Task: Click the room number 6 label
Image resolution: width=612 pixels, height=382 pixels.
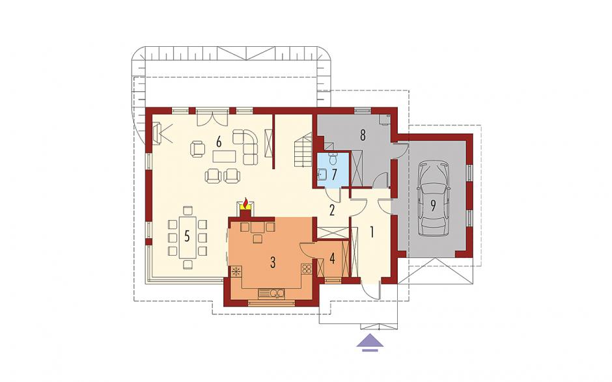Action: point(219,143)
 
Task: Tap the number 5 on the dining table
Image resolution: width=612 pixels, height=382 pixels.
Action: point(187,236)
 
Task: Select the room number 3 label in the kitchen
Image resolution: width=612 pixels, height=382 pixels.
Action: point(273,263)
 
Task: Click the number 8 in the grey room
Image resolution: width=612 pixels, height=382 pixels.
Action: point(363,135)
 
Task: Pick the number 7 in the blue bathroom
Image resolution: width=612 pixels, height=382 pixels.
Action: point(334,174)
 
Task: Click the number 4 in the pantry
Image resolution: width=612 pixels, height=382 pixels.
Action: point(332,258)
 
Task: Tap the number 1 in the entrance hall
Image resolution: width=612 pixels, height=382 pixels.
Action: point(372,233)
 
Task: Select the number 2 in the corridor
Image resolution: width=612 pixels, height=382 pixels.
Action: point(332,210)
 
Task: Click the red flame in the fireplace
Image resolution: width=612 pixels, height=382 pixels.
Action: point(245,203)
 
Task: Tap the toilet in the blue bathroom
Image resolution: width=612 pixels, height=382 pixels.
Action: point(333,158)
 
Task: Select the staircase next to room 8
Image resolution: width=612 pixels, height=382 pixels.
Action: point(303,150)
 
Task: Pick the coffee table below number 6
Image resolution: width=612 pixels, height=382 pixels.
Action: point(224,156)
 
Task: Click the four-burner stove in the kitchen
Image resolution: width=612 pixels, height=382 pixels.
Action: point(307,269)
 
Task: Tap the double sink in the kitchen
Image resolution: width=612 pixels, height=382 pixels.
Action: point(271,292)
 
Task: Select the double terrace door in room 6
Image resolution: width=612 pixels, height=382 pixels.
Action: point(212,117)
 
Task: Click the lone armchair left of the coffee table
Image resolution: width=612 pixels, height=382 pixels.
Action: point(198,149)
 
